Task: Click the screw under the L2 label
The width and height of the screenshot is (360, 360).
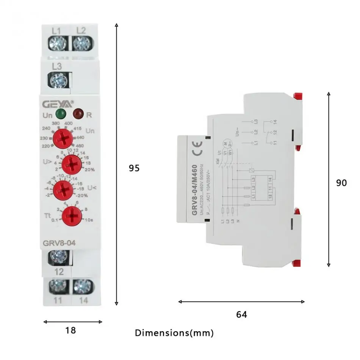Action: pyautogui.click(x=80, y=43)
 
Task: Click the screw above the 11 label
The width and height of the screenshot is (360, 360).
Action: pyautogui.click(x=58, y=286)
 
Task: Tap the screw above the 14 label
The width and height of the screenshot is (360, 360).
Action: pyautogui.click(x=80, y=286)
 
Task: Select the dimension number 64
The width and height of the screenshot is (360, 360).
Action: pyautogui.click(x=241, y=315)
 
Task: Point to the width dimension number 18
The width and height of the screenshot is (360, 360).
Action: pyautogui.click(x=70, y=330)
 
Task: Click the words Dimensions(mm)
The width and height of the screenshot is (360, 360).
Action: pyautogui.click(x=174, y=333)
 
